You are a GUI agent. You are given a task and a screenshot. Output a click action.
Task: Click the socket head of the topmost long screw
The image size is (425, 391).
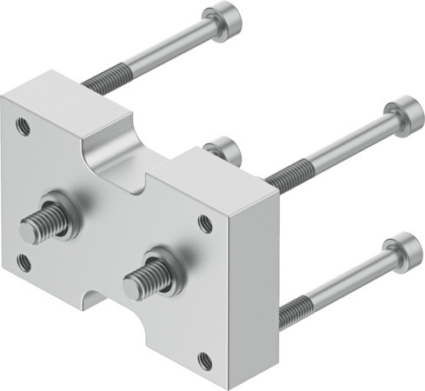[215, 20]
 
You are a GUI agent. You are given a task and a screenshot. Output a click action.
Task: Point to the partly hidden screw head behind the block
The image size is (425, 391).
[225, 149]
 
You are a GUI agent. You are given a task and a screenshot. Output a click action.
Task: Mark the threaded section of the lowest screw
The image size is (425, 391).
[297, 306]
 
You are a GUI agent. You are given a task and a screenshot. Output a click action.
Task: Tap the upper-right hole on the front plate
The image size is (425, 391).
[204, 222]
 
